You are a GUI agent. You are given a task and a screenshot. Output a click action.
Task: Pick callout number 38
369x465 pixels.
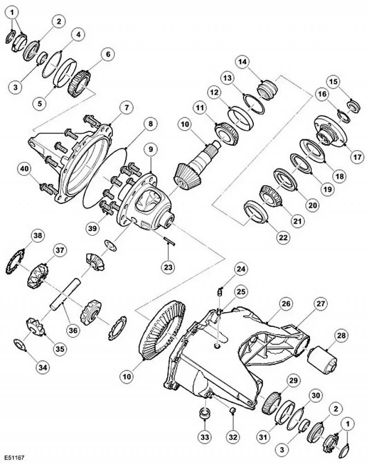(x=38, y=236)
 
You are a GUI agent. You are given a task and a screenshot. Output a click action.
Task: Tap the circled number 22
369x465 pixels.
(x=283, y=238)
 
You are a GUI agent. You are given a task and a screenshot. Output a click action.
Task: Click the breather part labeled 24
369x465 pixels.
(x=220, y=291)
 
